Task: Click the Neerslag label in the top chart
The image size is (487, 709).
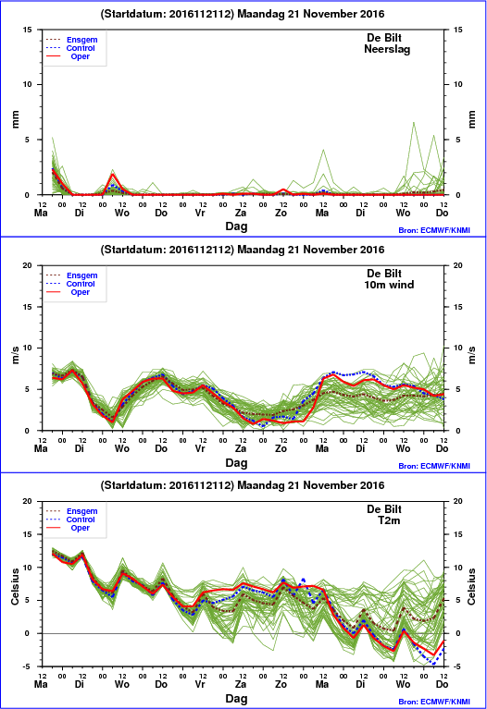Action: tap(387, 49)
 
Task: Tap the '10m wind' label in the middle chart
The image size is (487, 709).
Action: tap(389, 285)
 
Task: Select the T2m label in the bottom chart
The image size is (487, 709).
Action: tap(389, 520)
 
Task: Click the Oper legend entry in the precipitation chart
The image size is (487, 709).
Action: tap(81, 56)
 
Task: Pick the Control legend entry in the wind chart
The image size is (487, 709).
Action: tap(81, 284)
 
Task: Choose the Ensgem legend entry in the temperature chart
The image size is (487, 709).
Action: tap(82, 511)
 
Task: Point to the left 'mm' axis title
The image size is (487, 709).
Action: tap(16, 119)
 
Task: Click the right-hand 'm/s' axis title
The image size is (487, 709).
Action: tap(471, 355)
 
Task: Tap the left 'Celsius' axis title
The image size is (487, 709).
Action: tap(15, 586)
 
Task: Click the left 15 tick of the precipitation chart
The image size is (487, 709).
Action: tap(28, 30)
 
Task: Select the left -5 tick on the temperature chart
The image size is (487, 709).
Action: tap(28, 666)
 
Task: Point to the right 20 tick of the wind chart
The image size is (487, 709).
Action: tap(458, 265)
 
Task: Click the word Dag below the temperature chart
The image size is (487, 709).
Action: tap(236, 699)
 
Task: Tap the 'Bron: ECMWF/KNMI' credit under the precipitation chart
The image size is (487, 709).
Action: tap(434, 230)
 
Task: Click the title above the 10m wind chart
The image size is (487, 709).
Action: tap(243, 250)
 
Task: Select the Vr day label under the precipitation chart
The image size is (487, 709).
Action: tap(200, 213)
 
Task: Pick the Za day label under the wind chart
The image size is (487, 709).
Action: tap(241, 448)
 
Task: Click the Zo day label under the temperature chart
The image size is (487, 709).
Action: tap(281, 684)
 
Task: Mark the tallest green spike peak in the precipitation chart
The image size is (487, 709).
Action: tap(414, 122)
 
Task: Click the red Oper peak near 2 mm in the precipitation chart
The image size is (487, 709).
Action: tap(113, 174)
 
